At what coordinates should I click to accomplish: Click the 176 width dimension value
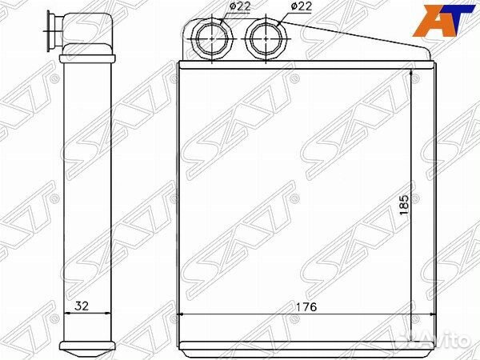click(x=306, y=306)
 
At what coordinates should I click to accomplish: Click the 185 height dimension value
click(x=404, y=205)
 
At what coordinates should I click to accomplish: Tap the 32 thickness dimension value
click(x=82, y=306)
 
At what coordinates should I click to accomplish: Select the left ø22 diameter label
click(x=240, y=6)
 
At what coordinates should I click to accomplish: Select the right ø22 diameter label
click(x=302, y=6)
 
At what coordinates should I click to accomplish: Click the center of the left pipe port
click(x=212, y=39)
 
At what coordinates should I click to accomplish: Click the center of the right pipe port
click(x=266, y=39)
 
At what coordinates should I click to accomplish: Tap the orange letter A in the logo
click(x=430, y=21)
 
